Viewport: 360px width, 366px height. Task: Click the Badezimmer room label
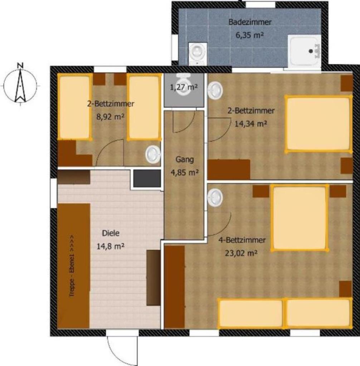250,22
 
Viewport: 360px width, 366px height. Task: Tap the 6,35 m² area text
249,35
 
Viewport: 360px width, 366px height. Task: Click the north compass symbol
20,84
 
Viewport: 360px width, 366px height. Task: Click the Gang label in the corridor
185,160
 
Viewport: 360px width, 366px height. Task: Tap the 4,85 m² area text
185,173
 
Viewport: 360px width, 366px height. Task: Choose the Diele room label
111,233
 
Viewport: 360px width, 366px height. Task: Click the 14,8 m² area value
110,246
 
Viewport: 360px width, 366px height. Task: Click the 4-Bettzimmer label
242,240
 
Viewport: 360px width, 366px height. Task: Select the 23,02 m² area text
241,253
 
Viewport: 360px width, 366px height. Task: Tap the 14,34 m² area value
250,124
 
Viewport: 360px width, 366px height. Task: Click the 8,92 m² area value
110,117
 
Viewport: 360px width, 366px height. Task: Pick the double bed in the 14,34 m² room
318,124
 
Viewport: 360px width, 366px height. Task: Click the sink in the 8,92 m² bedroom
153,154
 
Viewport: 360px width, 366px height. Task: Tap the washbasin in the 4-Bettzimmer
215,197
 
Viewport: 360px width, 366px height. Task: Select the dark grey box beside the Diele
147,178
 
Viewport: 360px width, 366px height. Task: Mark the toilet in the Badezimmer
198,54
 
